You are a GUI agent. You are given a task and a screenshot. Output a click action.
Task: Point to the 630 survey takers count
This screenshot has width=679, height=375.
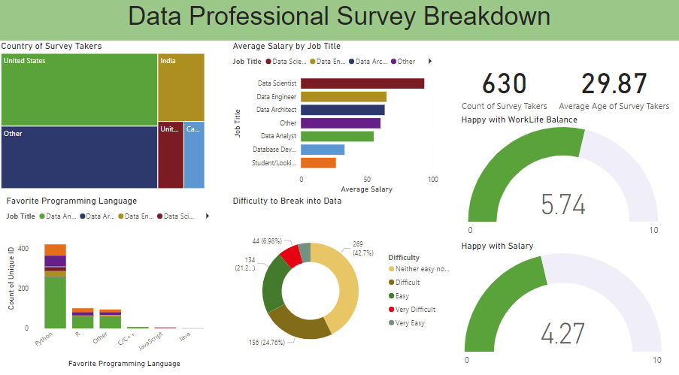point(504,84)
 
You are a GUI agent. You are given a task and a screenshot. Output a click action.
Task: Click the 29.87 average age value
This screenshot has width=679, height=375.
point(624,84)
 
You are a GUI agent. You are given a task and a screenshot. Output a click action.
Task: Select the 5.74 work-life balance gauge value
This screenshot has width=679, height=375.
point(563,204)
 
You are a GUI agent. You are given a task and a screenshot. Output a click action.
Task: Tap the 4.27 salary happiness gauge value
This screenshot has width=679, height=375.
point(563,334)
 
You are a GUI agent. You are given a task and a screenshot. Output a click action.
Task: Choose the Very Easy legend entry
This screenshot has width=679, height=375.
point(410,323)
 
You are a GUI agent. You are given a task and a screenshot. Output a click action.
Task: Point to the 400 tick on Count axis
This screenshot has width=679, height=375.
point(23,248)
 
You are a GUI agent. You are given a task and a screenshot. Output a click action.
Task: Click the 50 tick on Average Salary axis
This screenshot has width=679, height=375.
point(367,180)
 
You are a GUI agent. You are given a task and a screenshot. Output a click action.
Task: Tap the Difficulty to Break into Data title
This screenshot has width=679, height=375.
point(287,201)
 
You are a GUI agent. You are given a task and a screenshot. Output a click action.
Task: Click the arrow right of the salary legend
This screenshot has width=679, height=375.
point(429,62)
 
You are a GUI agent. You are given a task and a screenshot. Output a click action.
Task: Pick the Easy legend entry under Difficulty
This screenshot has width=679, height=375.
point(405,296)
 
